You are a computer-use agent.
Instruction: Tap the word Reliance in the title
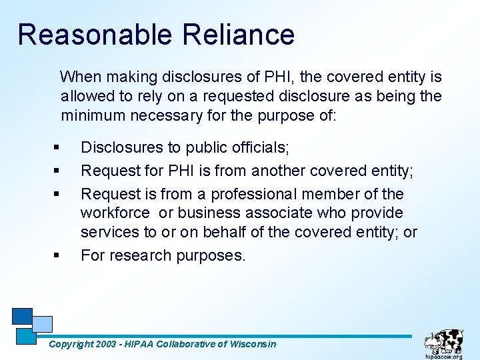click(x=238, y=35)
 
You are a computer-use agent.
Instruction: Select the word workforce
click(x=115, y=213)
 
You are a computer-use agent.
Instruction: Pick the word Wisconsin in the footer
click(x=252, y=344)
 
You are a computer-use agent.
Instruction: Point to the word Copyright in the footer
click(x=71, y=344)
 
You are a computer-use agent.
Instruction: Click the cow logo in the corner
click(x=445, y=339)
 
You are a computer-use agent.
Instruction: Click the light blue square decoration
click(x=43, y=323)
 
